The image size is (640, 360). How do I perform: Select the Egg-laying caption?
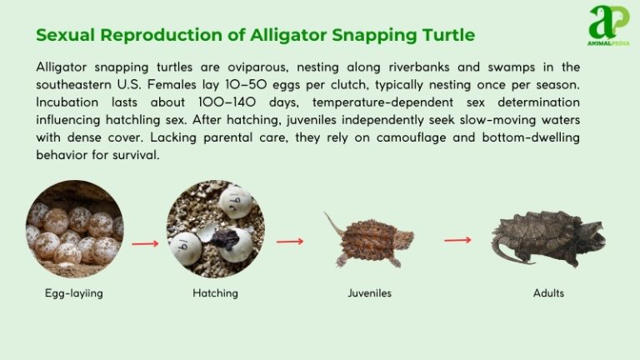pyautogui.click(x=73, y=293)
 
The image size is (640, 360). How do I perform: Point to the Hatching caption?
pyautogui.click(x=215, y=293)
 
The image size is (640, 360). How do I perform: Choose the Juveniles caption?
pyautogui.click(x=369, y=293)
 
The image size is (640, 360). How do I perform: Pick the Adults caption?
pyautogui.click(x=548, y=293)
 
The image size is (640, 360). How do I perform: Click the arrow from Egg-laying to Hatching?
pyautogui.click(x=145, y=244)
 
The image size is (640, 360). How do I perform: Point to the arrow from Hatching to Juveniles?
pyautogui.click(x=289, y=242)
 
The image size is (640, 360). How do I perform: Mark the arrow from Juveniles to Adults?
pyautogui.click(x=457, y=240)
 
